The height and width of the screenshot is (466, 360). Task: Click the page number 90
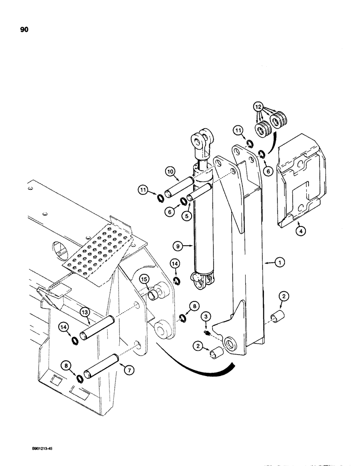click(25, 29)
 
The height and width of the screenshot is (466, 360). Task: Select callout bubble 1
click(280, 263)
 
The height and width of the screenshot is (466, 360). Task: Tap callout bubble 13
click(83, 311)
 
